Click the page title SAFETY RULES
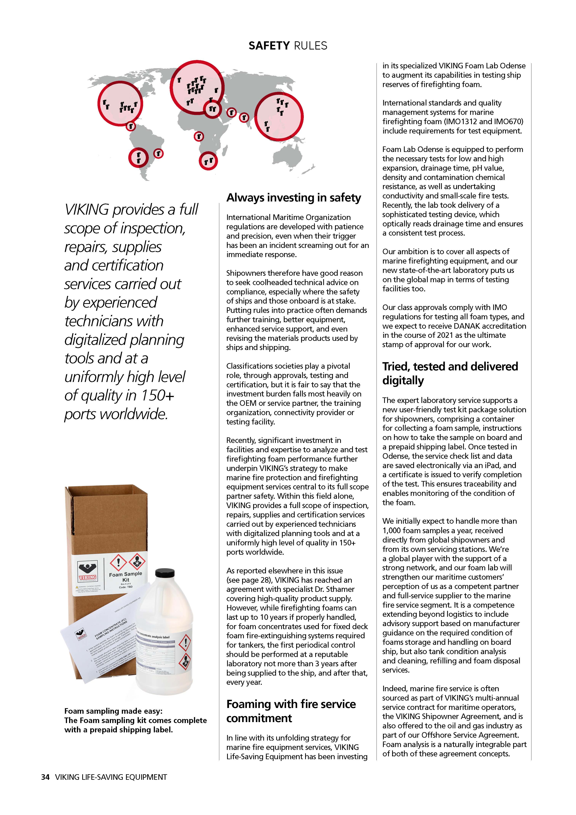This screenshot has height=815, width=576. [x=288, y=46]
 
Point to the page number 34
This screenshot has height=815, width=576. [x=45, y=777]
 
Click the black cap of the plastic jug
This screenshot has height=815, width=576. [x=165, y=573]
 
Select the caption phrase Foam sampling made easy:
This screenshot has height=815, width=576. [x=113, y=711]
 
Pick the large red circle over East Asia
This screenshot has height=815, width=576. [x=279, y=116]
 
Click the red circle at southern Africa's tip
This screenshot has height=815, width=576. [x=208, y=161]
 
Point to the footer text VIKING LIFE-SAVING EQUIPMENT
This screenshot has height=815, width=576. [x=111, y=777]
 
